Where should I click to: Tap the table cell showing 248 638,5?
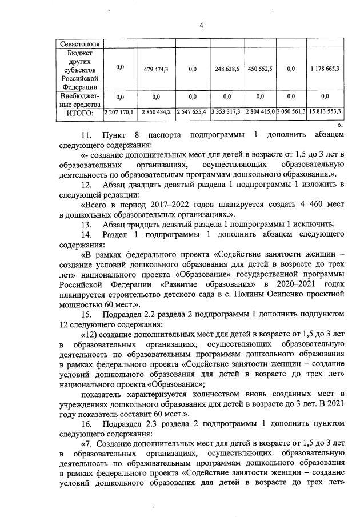[x=226, y=69]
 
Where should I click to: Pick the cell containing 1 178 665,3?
[x=325, y=69]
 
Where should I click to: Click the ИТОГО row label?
[x=79, y=113]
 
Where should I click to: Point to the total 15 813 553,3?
[x=325, y=113]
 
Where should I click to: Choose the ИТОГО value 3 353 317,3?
[x=226, y=113]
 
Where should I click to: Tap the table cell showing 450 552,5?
[x=260, y=69]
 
